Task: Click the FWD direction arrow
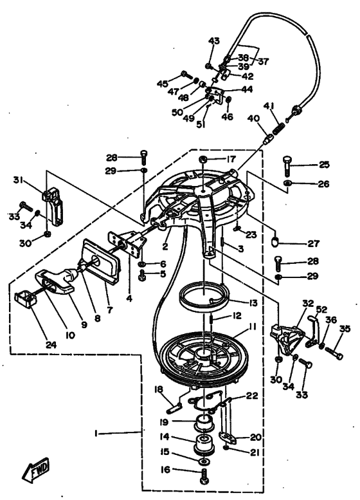36,470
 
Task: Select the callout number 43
214,41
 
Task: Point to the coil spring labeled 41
278,129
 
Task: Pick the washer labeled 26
288,183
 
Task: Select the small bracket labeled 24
24,299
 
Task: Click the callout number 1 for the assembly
96,433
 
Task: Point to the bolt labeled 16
204,476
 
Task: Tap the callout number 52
321,310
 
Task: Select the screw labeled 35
334,353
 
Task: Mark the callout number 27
314,244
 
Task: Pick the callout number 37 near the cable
264,61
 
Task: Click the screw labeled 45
187,75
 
